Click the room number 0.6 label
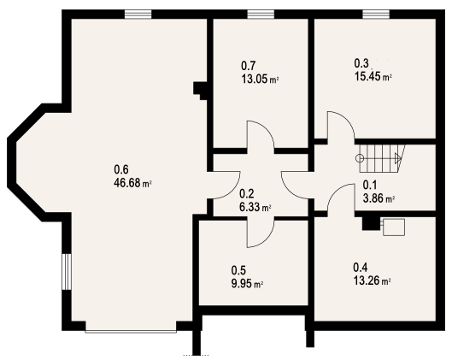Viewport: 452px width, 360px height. tap(121, 169)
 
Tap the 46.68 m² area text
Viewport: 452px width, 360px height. tap(133, 183)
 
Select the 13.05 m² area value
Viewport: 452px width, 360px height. tap(260, 79)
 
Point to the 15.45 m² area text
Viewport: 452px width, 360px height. tap(373, 76)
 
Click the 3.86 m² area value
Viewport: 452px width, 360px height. tap(379, 198)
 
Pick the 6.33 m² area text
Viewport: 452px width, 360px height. tap(255, 207)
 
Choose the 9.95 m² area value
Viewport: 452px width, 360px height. tap(247, 284)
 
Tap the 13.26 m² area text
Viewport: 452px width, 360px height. tap(373, 280)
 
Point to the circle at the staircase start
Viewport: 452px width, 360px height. tap(360, 158)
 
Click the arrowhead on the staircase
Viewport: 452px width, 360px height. tap(398, 158)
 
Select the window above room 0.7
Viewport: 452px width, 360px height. tap(261, 15)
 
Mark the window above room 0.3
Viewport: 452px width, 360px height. tap(376, 15)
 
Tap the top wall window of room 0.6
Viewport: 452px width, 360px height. tap(138, 15)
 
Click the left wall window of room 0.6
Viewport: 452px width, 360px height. tap(67, 271)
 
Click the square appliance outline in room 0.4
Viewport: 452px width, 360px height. tap(394, 227)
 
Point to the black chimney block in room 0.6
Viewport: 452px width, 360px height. tap(200, 90)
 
